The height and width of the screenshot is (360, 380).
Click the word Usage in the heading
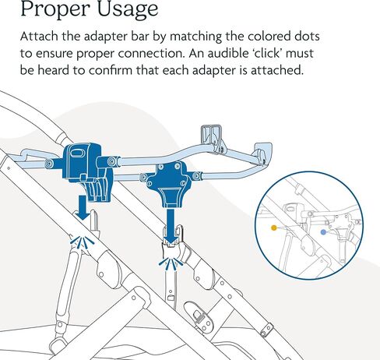click(128, 9)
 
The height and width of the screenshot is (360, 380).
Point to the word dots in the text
click(307, 36)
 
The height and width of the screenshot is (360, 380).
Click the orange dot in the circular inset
click(274, 228)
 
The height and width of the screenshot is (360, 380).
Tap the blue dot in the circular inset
click(323, 232)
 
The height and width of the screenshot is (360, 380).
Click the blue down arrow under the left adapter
click(83, 207)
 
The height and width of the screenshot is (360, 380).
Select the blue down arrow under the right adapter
click(171, 227)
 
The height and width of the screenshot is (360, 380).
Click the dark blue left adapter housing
click(87, 171)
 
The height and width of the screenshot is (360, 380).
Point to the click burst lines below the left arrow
click(82, 243)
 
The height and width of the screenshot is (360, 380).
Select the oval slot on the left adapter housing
click(76, 153)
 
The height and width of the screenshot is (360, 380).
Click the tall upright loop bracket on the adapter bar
click(213, 138)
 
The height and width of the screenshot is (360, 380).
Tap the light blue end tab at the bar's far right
click(263, 151)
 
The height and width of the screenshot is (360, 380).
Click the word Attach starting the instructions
click(39, 36)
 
